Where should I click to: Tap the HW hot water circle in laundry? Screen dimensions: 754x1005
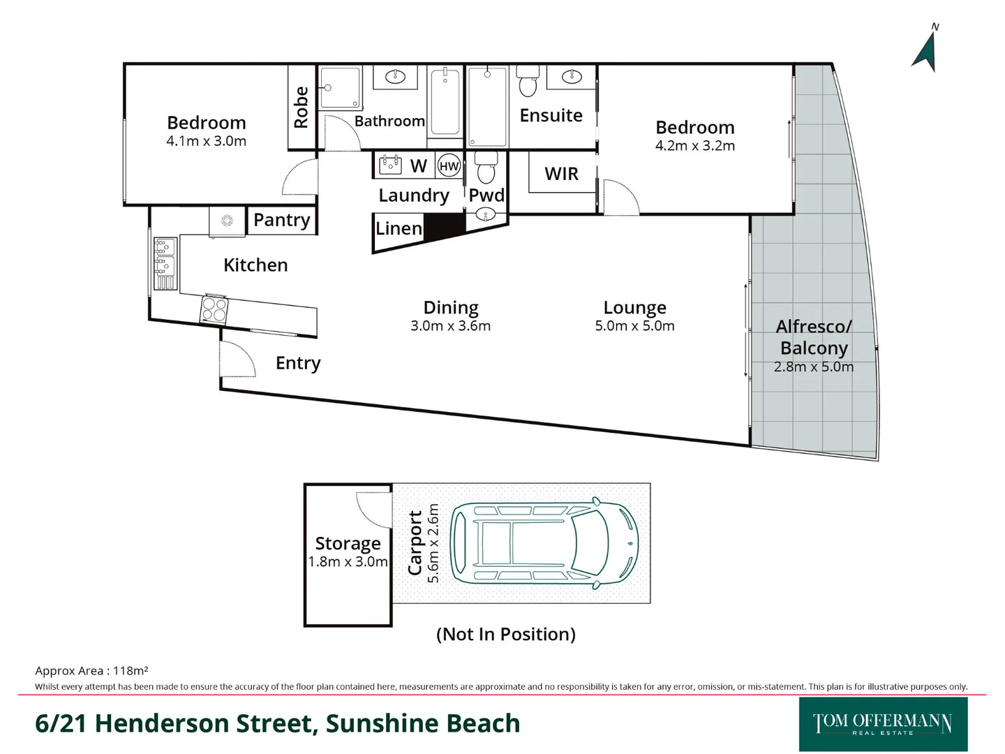pyautogui.click(x=449, y=166)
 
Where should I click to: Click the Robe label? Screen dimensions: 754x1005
pyautogui.click(x=301, y=108)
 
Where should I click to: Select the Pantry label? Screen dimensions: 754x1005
pyautogui.click(x=281, y=220)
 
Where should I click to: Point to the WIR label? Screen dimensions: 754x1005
pyautogui.click(x=561, y=174)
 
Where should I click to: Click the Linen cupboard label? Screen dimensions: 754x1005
pyautogui.click(x=399, y=229)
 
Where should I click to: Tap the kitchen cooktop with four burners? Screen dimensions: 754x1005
pyautogui.click(x=214, y=309)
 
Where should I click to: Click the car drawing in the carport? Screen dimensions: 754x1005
pyautogui.click(x=544, y=543)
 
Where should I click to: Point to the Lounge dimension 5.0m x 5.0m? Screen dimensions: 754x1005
pyautogui.click(x=634, y=326)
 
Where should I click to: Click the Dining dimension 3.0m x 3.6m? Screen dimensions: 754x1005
pyautogui.click(x=450, y=326)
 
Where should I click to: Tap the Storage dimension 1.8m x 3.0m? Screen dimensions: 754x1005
pyautogui.click(x=348, y=562)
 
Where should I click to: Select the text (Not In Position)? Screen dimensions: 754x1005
pyautogui.click(x=505, y=634)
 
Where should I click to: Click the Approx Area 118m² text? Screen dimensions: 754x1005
pyautogui.click(x=91, y=671)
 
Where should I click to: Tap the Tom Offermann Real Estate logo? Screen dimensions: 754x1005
pyautogui.click(x=883, y=724)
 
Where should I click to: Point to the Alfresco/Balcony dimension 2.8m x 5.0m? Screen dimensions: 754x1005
pyautogui.click(x=813, y=367)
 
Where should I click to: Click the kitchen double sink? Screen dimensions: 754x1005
pyautogui.click(x=165, y=256)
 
